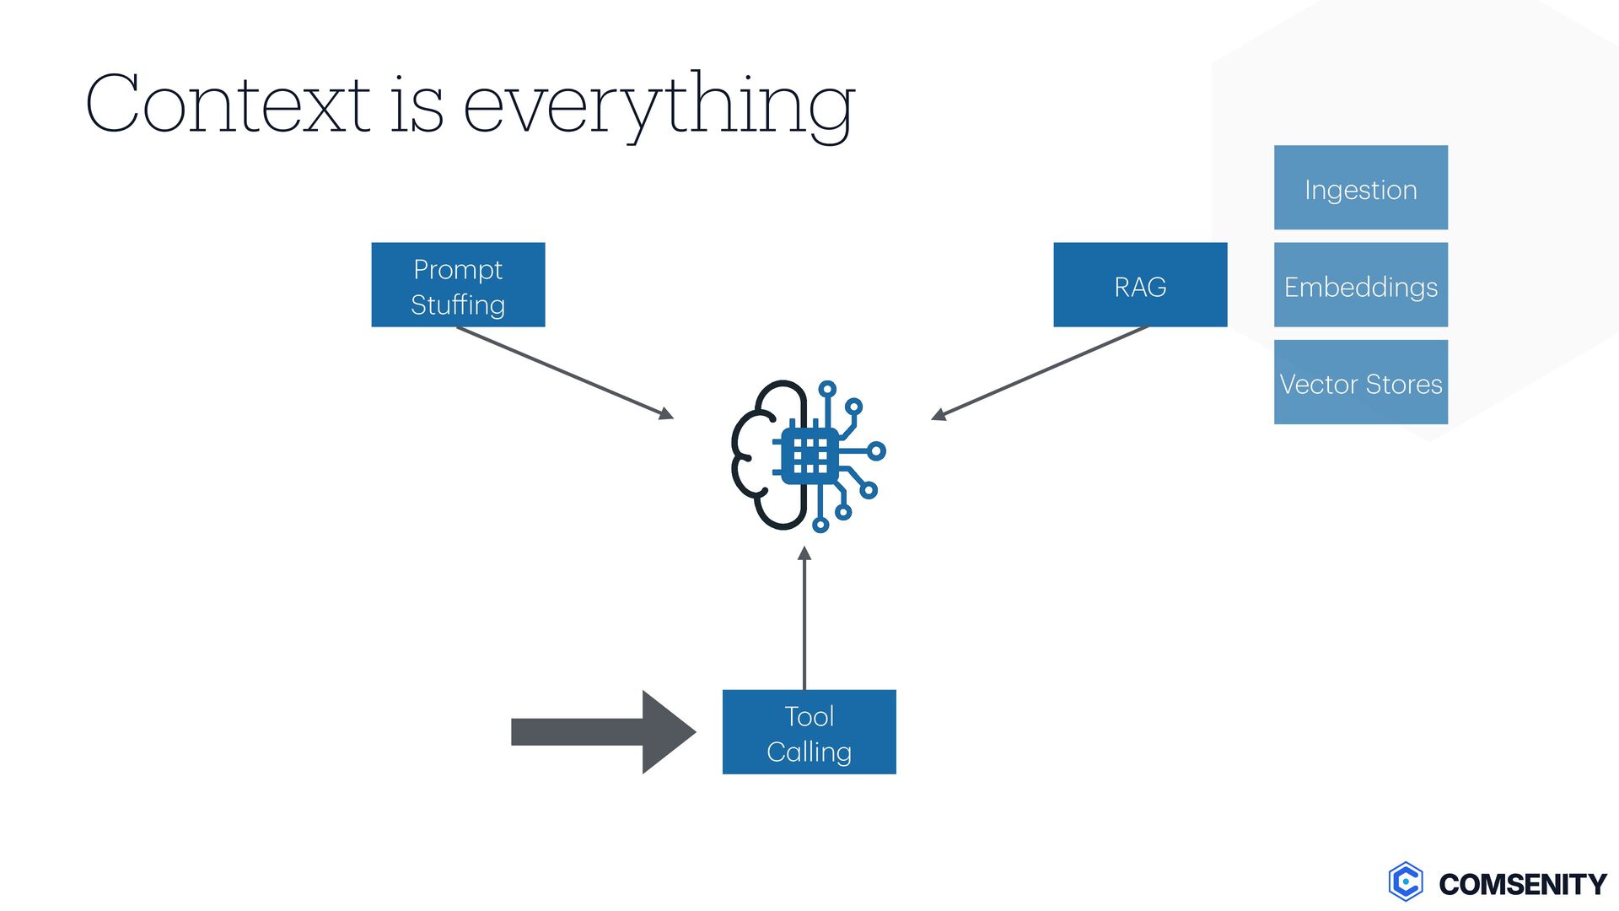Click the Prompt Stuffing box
click(458, 284)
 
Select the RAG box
click(1140, 284)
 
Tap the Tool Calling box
click(809, 731)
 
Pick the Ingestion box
click(1360, 187)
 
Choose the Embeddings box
click(1360, 285)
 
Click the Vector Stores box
click(1360, 382)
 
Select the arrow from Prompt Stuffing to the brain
click(565, 372)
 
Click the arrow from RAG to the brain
click(1040, 372)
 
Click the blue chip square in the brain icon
click(809, 455)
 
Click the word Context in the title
click(228, 105)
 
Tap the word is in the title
click(417, 105)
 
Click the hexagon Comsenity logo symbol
click(1406, 882)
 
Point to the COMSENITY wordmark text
click(1523, 884)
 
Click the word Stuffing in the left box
click(458, 305)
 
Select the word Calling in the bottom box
click(809, 752)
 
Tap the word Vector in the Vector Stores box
click(1319, 384)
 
